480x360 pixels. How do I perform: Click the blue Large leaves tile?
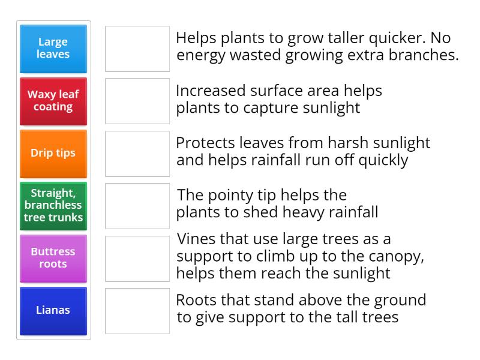[53, 49]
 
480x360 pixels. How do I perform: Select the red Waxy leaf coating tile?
[53, 101]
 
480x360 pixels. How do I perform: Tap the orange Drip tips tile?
[53, 153]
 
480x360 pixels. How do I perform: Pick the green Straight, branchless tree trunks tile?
[53, 206]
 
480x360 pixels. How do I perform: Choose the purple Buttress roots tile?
[53, 258]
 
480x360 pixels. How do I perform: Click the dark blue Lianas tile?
[53, 311]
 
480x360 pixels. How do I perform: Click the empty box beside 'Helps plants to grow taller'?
[137, 49]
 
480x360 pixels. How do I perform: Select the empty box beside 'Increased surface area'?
[137, 101]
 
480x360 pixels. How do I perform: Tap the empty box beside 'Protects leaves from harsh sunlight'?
[137, 153]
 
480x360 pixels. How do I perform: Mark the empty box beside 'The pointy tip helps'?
[137, 206]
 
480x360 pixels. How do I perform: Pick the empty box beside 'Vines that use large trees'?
[137, 258]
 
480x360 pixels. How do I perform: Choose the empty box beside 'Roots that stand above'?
[137, 311]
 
